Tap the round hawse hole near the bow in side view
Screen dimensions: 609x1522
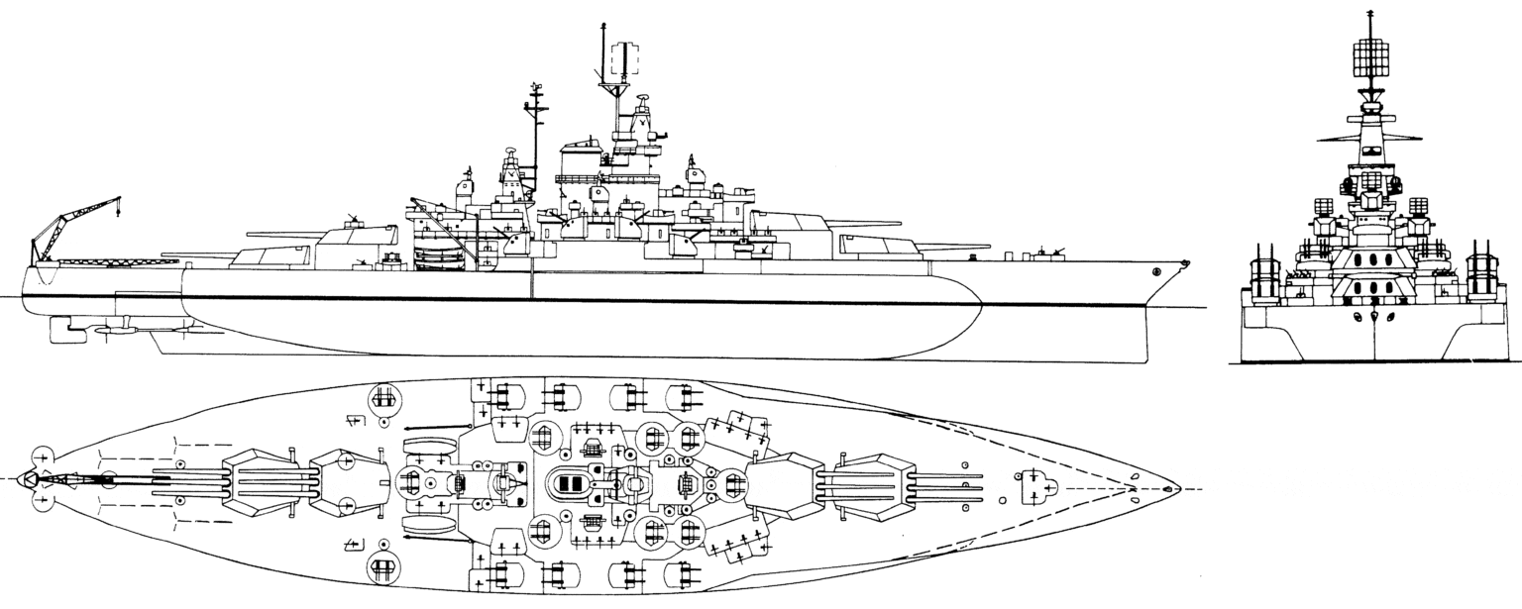[1156, 270]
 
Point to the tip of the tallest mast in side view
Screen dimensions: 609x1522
[601, 24]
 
